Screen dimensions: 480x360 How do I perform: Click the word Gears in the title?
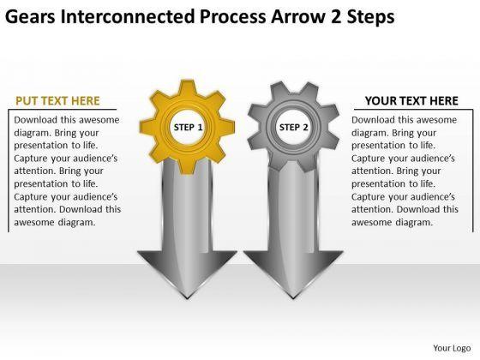point(30,16)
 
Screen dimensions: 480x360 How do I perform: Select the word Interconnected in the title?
point(128,16)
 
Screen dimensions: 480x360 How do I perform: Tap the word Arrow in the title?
point(297,16)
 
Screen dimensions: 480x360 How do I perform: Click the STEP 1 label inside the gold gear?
point(188,127)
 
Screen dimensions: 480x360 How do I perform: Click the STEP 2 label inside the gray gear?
point(293,127)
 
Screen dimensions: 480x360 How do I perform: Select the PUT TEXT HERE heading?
point(57,101)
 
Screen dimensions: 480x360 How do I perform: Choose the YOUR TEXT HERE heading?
point(411,101)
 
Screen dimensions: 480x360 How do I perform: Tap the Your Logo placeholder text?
point(452,348)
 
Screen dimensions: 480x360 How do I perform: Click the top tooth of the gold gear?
point(188,87)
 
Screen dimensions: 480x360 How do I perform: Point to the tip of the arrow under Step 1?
point(187,298)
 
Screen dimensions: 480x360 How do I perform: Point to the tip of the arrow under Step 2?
point(293,298)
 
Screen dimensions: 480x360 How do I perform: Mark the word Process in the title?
point(233,16)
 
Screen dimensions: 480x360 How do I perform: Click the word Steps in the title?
point(370,16)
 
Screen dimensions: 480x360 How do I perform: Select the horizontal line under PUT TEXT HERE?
point(63,110)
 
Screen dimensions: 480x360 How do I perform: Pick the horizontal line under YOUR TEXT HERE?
point(413,110)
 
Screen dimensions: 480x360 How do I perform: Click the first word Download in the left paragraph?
point(35,120)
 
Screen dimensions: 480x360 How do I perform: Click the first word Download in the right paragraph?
point(373,120)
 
